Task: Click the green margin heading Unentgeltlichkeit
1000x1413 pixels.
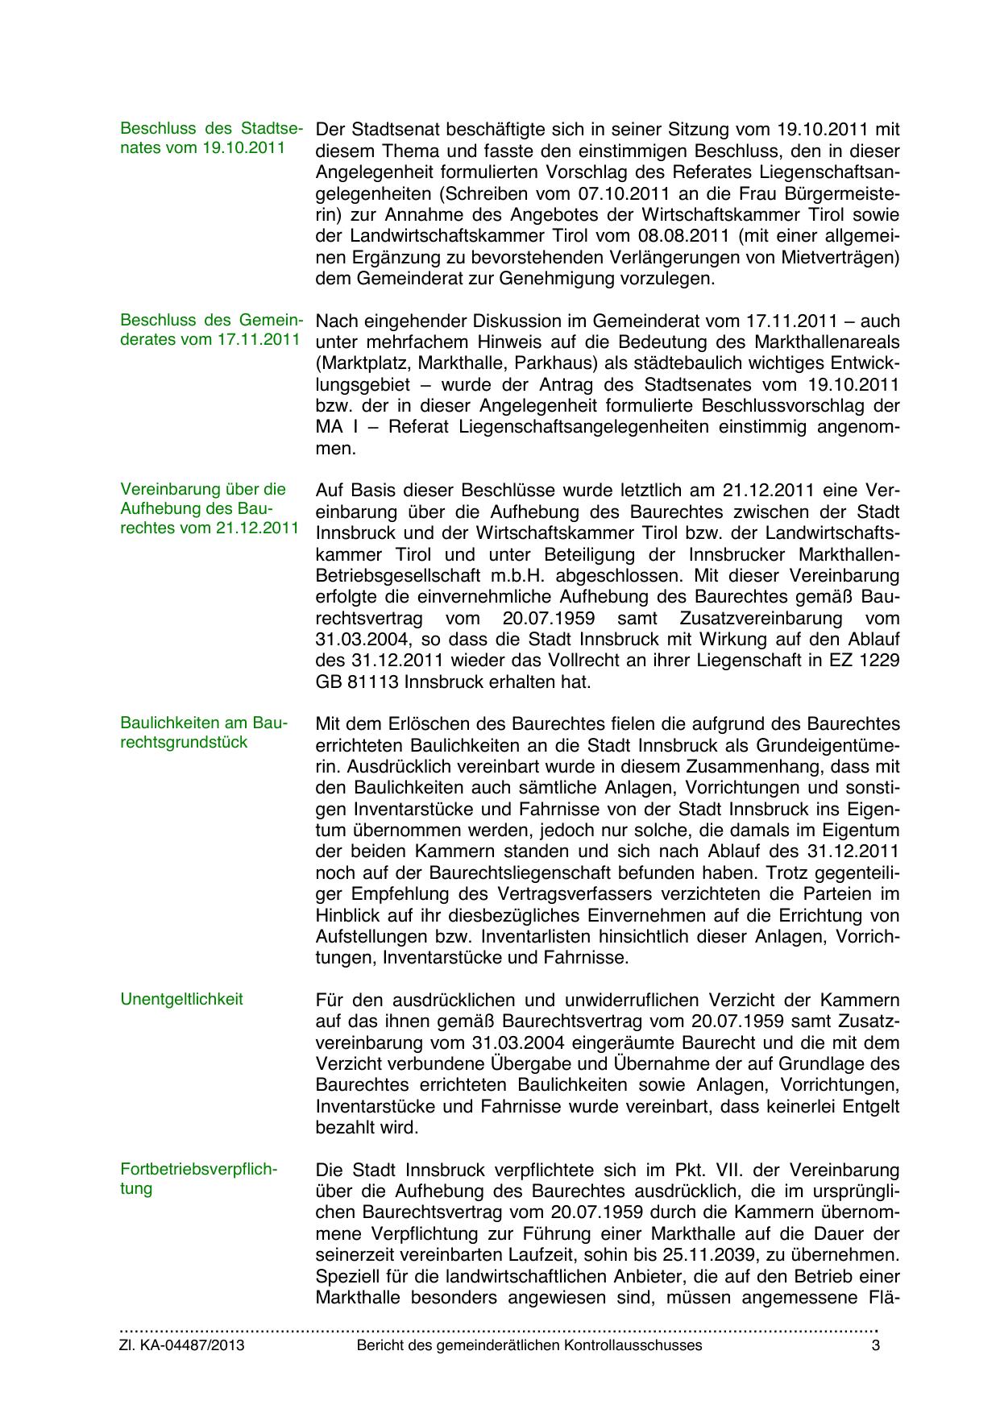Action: (181, 1000)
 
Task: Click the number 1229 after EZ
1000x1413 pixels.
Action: (880, 661)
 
